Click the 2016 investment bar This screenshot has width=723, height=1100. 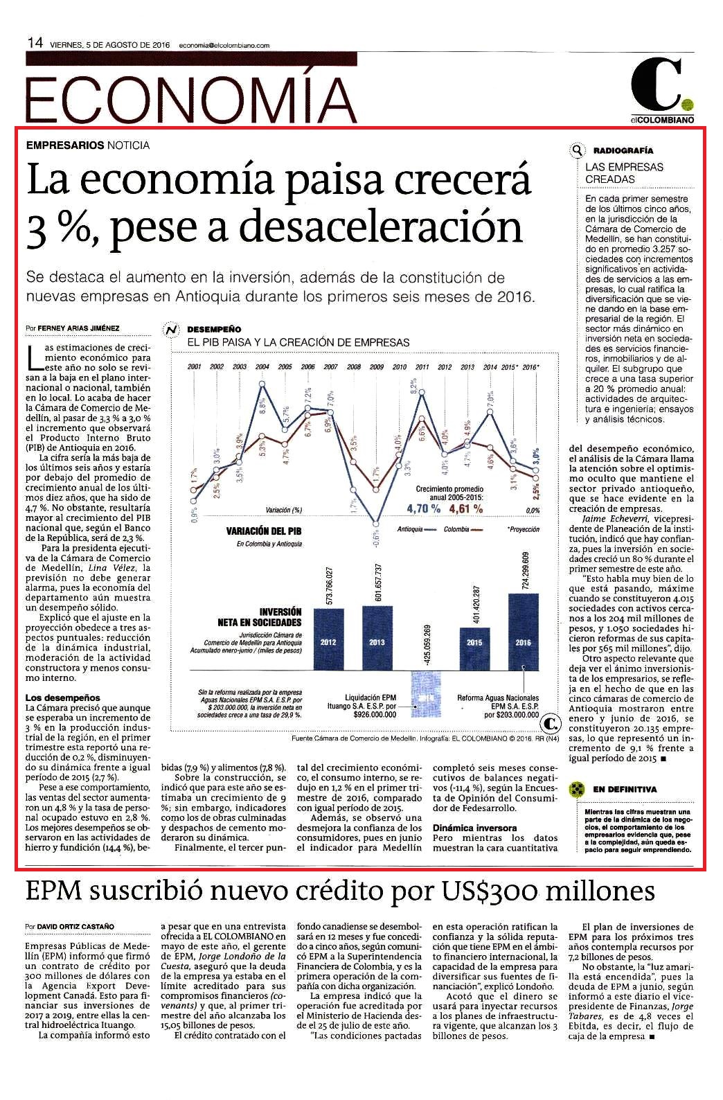coord(524,632)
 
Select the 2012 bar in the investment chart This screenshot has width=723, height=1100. coord(328,639)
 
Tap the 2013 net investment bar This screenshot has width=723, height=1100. coord(377,638)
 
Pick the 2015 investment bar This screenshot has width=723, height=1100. coord(474,648)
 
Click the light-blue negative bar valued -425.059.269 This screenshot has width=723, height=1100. coord(425,694)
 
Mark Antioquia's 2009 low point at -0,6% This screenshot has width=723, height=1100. coord(376,524)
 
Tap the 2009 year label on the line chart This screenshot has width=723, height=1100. coord(377,367)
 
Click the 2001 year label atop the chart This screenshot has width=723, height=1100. coord(195,367)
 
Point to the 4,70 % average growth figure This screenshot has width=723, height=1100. coord(423,508)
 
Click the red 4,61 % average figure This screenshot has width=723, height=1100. coord(466,508)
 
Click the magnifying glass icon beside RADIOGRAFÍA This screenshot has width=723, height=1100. coord(577,150)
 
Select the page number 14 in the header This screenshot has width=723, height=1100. coord(35,43)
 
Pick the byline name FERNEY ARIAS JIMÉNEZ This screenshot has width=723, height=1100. coord(78,328)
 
